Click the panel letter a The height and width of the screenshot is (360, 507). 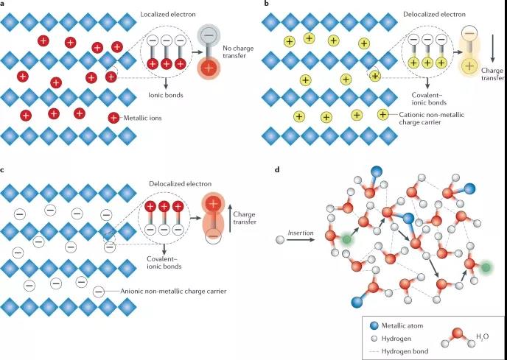[x=4, y=4]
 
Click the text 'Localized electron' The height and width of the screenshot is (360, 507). [x=169, y=15]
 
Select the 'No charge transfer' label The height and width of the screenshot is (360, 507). [x=238, y=53]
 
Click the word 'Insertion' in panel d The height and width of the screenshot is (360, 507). [x=300, y=233]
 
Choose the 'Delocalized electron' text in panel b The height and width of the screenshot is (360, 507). [x=430, y=15]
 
